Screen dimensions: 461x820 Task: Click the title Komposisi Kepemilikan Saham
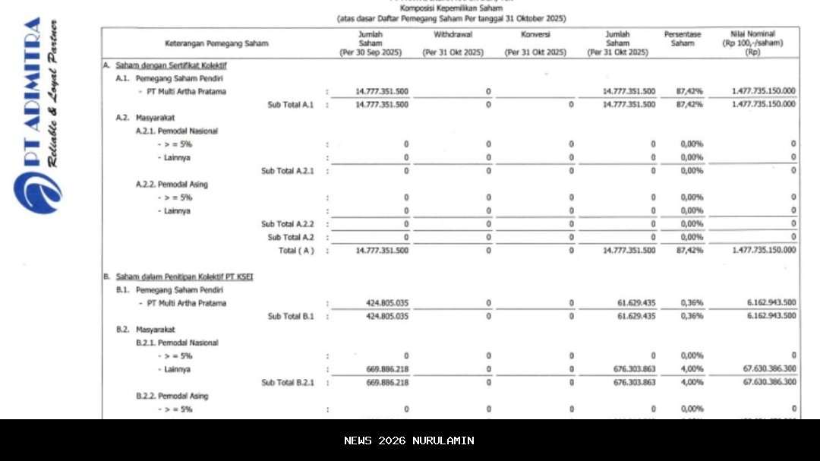pos(450,8)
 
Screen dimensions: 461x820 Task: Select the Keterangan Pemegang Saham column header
pos(216,43)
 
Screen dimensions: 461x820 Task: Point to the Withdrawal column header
pos(453,35)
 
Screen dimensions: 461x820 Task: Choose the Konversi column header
pos(535,35)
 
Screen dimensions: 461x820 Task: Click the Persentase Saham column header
pos(682,39)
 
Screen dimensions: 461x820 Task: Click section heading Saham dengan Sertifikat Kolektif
pos(171,65)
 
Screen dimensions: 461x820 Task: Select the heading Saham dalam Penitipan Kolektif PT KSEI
pos(184,277)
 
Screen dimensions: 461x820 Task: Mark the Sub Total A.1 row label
pos(291,105)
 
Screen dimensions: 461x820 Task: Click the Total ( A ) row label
pos(296,250)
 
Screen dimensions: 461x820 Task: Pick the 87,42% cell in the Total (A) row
pos(689,250)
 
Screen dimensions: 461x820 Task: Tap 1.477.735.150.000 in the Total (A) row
pos(764,250)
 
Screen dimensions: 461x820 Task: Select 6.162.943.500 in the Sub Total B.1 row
pos(771,316)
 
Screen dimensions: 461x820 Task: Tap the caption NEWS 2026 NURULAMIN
pos(409,440)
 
